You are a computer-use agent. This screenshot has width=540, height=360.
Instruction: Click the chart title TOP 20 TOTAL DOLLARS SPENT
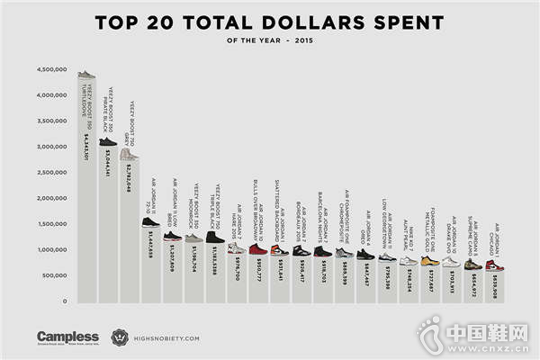270,21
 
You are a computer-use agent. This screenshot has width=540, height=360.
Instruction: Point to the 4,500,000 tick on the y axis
53,69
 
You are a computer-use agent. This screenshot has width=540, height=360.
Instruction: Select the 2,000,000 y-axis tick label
53,198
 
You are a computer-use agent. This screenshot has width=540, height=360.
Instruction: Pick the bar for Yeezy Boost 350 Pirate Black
108,225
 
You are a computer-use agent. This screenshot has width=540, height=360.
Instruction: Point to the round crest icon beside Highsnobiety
120,337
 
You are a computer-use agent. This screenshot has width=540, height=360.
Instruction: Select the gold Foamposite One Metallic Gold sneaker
429,261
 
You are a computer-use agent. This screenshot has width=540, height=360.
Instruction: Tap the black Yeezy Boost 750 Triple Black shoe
216,238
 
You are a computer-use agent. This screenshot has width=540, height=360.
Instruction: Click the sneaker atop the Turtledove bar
86,76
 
